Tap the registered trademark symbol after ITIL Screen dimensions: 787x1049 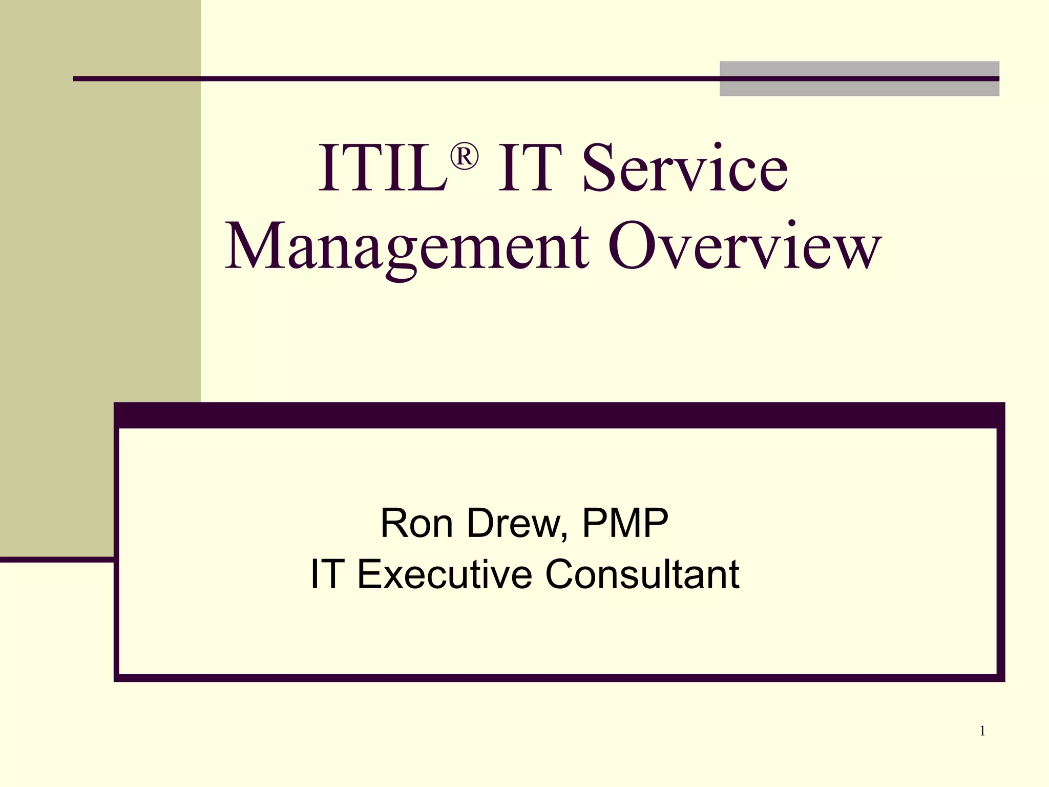464,156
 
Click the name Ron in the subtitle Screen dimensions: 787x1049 416,523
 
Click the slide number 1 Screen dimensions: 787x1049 982,731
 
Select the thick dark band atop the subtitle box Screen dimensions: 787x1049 559,416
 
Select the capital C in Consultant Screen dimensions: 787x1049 560,574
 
